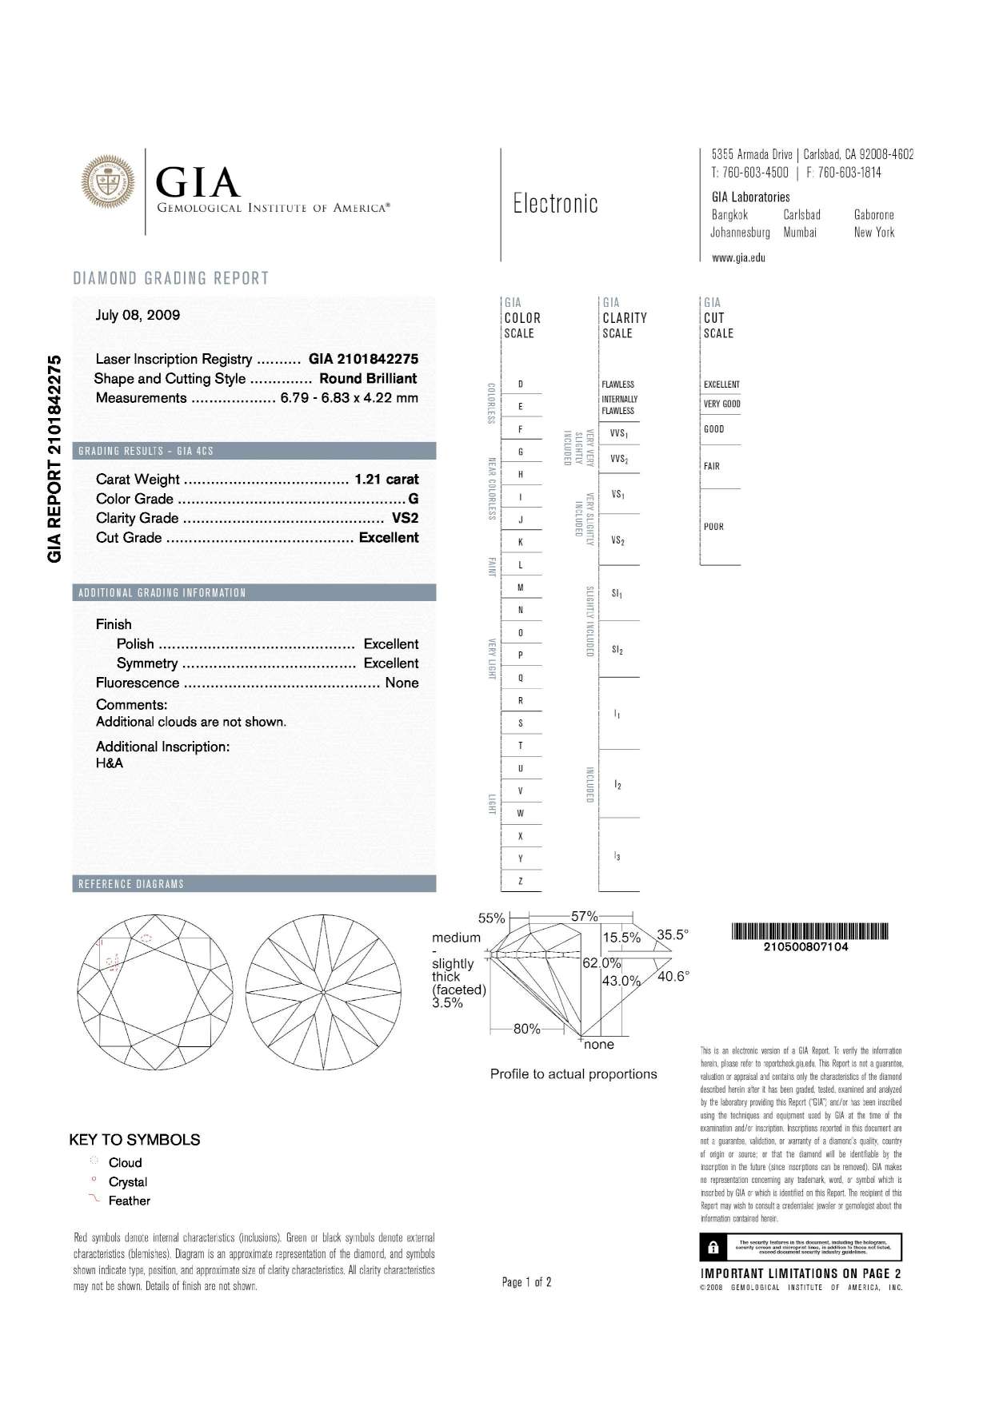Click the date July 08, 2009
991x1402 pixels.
(138, 315)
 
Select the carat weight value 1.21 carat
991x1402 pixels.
(386, 480)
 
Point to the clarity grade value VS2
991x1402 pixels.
(405, 518)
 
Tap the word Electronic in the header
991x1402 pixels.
(555, 204)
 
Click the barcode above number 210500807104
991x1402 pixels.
(809, 931)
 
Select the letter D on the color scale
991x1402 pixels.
(521, 384)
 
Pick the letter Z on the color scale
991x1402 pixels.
(521, 882)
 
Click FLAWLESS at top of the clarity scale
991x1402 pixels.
(617, 384)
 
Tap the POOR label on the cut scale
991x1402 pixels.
(713, 527)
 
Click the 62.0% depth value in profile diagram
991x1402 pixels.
(601, 963)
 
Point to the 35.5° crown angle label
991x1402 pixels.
(673, 934)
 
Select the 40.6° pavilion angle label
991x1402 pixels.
(673, 976)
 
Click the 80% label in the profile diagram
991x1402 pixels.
(527, 1029)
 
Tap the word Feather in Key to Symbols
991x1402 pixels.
(130, 1201)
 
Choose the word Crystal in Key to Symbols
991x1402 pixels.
(128, 1181)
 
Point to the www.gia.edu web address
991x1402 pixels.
(738, 257)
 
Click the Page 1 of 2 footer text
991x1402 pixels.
(526, 1282)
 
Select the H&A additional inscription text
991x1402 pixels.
(110, 763)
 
